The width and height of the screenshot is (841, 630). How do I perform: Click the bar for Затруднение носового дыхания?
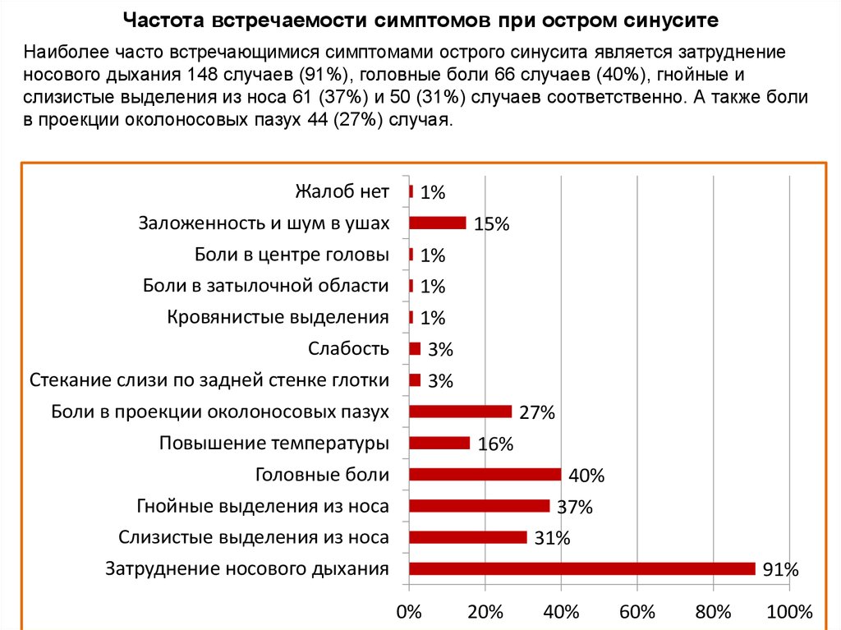coord(581,568)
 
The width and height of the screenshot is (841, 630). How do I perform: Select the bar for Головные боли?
coord(485,474)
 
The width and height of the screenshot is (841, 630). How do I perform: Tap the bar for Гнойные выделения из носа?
coord(479,505)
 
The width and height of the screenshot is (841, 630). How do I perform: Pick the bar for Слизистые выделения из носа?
coord(467,537)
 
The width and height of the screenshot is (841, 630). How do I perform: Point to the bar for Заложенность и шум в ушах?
coord(437,222)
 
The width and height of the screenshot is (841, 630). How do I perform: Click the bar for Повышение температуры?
coord(439,443)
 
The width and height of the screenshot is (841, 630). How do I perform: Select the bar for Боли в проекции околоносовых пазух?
coord(460,412)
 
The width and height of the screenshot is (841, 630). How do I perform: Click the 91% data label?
coord(780,570)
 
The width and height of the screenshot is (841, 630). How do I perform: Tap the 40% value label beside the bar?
coord(586,476)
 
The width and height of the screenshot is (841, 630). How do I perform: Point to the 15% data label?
coord(492,223)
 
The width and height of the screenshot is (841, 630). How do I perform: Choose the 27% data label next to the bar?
coord(538,413)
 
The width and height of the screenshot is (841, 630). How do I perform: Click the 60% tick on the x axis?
coord(637,612)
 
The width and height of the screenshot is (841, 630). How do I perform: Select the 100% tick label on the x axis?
coord(788,612)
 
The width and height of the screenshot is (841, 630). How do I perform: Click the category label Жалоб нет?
coord(342,192)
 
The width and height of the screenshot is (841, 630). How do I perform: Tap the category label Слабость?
coord(348,348)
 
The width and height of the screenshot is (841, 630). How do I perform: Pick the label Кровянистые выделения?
coord(278,317)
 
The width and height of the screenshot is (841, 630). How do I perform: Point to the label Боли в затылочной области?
coord(265,286)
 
